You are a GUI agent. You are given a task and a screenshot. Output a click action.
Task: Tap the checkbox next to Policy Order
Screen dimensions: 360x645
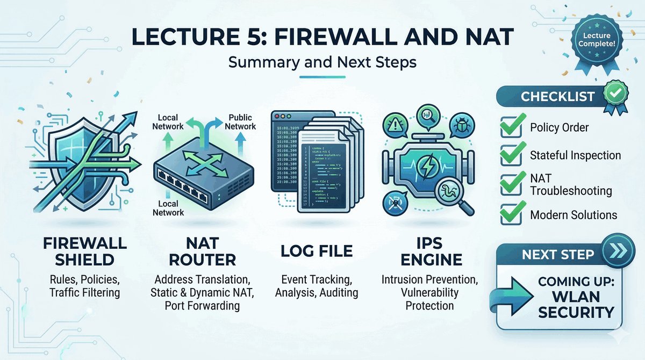(510, 128)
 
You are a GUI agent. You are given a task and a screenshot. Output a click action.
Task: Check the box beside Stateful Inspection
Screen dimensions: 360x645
(510, 156)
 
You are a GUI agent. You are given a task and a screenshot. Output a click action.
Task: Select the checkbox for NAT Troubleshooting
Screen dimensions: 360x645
(510, 184)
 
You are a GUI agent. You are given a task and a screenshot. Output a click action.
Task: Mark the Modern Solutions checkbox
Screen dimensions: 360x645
(510, 214)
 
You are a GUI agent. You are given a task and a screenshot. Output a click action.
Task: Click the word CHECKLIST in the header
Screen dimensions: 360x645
(557, 97)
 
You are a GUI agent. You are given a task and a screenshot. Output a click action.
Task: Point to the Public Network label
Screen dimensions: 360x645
(241, 121)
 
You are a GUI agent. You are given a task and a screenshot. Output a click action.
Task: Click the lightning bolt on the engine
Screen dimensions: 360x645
(427, 162)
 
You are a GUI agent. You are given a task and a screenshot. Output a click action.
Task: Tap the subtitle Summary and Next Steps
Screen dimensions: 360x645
(322, 62)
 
